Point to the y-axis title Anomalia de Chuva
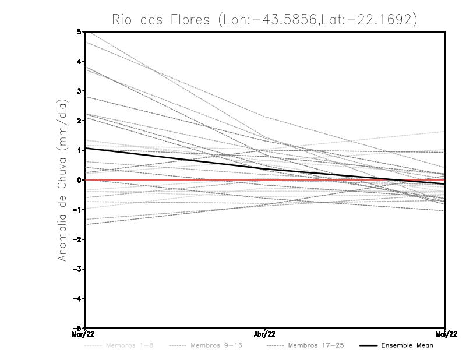click(x=62, y=179)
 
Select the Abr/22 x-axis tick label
click(x=265, y=334)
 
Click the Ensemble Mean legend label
click(x=407, y=345)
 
